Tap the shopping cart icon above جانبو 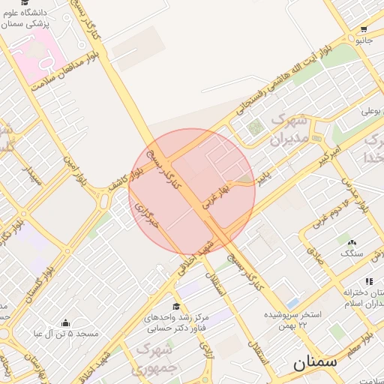[364, 28]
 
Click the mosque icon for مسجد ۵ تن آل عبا [66, 322]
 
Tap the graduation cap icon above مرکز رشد [176, 306]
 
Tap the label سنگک [350, 253]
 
